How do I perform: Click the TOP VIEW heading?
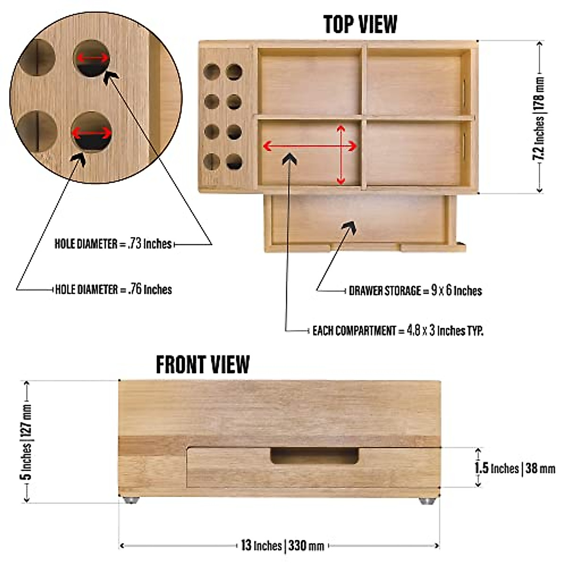tap(360, 24)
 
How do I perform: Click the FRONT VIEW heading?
tap(203, 364)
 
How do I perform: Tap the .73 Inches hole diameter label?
tap(113, 244)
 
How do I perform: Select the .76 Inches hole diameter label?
tap(113, 289)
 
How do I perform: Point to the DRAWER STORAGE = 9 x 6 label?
tap(415, 291)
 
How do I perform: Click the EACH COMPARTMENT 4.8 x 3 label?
tap(398, 330)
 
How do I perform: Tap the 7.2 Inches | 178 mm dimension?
tap(539, 118)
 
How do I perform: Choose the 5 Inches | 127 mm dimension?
tap(26, 442)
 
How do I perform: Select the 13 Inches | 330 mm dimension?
tap(283, 546)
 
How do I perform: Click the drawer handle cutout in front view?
tap(314, 456)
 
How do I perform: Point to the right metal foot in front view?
tap(426, 500)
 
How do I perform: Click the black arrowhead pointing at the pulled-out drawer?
tap(349, 229)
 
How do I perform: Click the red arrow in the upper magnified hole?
tap(93, 58)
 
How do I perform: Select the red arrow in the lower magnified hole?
tap(92, 133)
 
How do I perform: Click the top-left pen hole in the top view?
tap(212, 72)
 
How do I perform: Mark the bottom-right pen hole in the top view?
tap(234, 162)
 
